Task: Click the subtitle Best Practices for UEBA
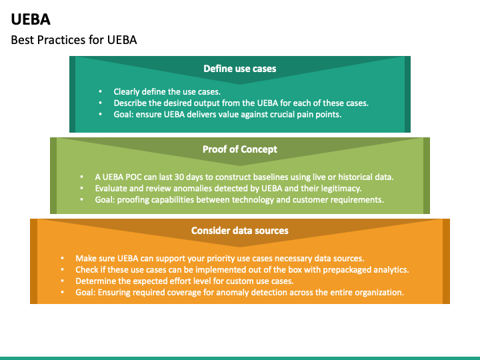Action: pyautogui.click(x=74, y=40)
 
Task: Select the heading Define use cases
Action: pyautogui.click(x=239, y=69)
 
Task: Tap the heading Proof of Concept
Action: pyautogui.click(x=239, y=149)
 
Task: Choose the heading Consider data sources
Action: pyautogui.click(x=239, y=231)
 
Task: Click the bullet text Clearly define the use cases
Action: pyautogui.click(x=167, y=92)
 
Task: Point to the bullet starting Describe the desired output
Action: pyautogui.click(x=241, y=103)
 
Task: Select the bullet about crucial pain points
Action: pyautogui.click(x=227, y=115)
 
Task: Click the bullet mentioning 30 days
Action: pyautogui.click(x=244, y=177)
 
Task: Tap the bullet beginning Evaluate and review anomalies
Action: pyautogui.click(x=228, y=188)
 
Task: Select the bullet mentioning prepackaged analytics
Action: pyautogui.click(x=242, y=269)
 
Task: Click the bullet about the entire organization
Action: pyautogui.click(x=240, y=292)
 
